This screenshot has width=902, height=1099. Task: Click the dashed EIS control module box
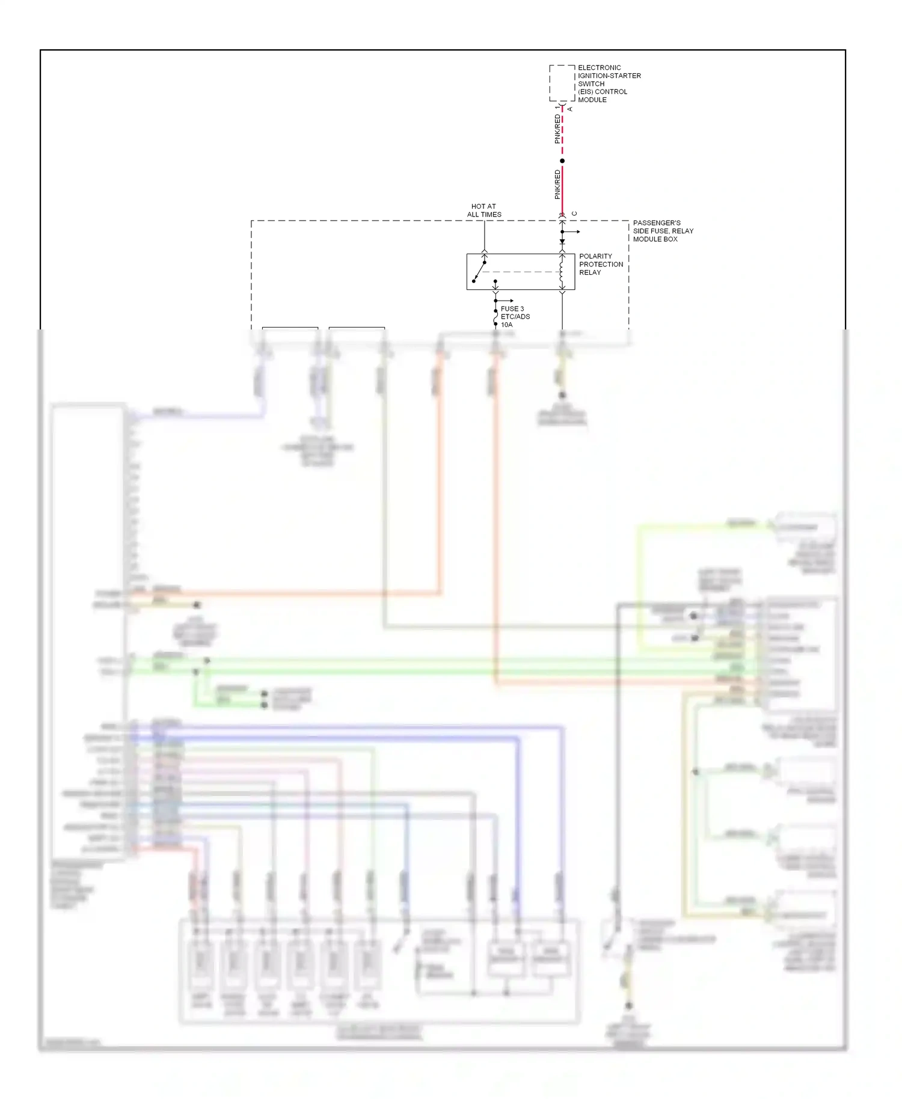[x=562, y=83]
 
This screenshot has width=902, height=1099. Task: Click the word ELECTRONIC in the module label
[x=599, y=68]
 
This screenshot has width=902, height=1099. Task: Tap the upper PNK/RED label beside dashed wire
[x=557, y=129]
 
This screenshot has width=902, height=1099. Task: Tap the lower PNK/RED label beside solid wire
[x=557, y=184]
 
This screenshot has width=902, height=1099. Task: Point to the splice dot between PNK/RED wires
[x=562, y=161]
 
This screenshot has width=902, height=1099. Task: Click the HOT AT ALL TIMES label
[x=483, y=210]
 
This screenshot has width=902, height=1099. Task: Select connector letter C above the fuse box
[x=574, y=213]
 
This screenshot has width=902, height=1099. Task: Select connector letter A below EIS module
[x=570, y=109]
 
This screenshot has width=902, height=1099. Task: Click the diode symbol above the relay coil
[x=562, y=242]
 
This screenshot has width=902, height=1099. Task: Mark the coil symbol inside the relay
[x=562, y=272]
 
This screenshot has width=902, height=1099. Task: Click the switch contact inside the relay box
[x=479, y=271]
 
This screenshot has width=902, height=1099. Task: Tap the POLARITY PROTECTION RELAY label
[x=601, y=265]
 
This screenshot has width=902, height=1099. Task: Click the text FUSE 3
[x=512, y=309]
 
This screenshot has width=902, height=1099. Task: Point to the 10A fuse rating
[x=506, y=325]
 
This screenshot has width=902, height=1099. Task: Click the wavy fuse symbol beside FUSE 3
[x=495, y=316]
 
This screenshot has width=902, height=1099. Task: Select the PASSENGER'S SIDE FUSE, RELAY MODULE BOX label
[x=662, y=231]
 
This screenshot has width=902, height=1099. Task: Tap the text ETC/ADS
[x=515, y=317]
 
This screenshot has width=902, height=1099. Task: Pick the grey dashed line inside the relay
[x=520, y=272]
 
